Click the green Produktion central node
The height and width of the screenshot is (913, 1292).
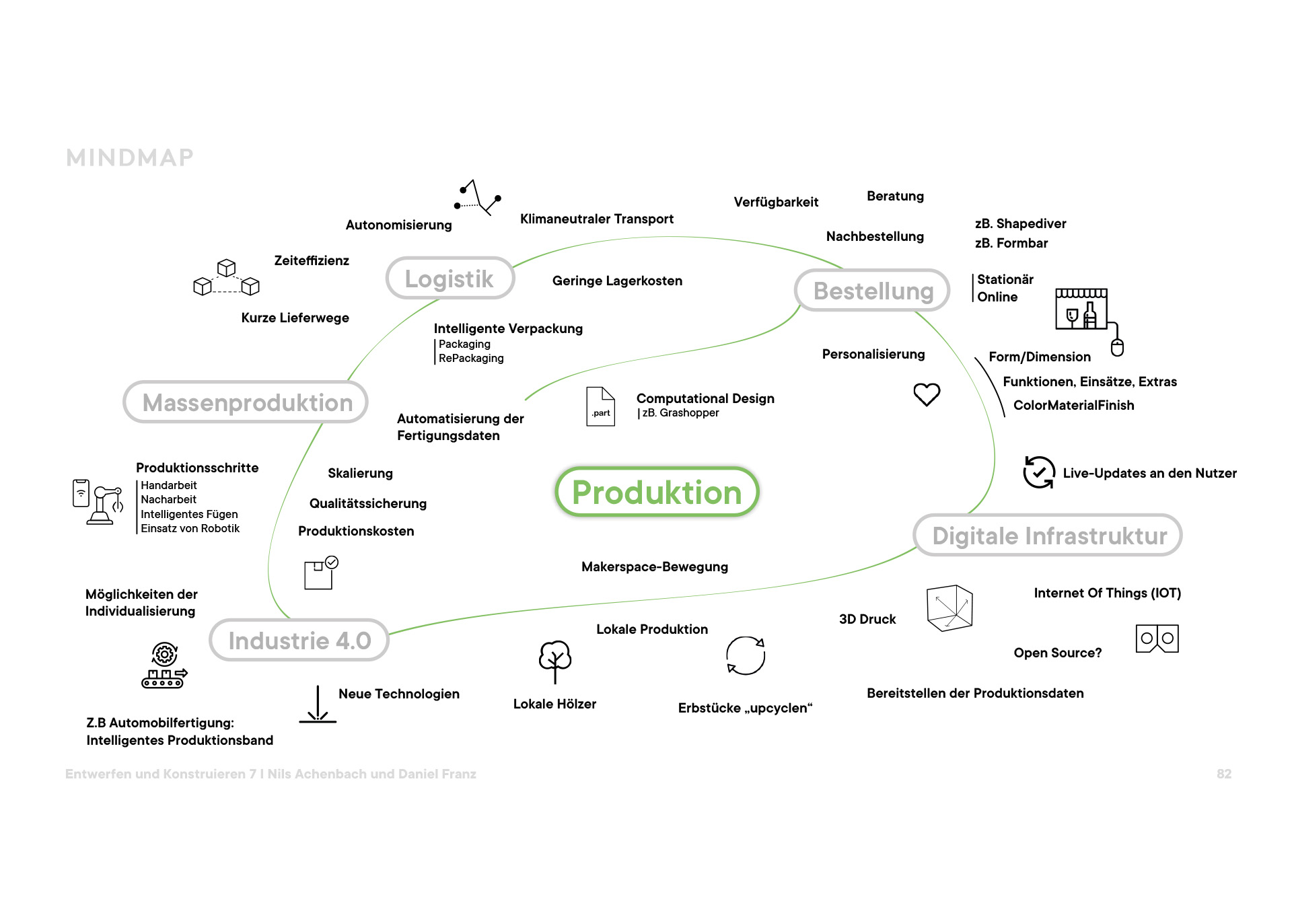[x=657, y=492]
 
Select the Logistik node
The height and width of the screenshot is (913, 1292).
[x=450, y=279]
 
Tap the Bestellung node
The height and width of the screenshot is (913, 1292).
[x=873, y=291]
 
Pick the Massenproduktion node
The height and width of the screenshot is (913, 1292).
[x=246, y=402]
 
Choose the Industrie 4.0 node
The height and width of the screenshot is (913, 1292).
[x=299, y=641]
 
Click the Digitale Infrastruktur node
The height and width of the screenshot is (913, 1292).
[x=1048, y=536]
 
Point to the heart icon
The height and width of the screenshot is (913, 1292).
[x=927, y=394]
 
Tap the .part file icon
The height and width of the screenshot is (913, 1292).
[x=600, y=406]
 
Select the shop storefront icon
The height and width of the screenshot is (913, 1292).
[x=1081, y=309]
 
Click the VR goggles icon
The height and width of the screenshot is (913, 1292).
[x=1157, y=638]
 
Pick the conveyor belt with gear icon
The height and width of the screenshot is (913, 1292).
[x=164, y=665]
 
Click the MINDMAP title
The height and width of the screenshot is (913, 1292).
[x=130, y=157]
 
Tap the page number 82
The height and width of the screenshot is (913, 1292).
[x=1224, y=774]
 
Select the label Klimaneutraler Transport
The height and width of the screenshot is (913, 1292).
[x=596, y=219]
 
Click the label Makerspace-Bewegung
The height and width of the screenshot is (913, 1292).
[x=654, y=567]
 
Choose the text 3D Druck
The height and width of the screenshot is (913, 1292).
[x=867, y=619]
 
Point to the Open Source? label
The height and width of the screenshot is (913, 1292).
[x=1057, y=653]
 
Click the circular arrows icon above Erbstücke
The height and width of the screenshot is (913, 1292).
[x=746, y=655]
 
